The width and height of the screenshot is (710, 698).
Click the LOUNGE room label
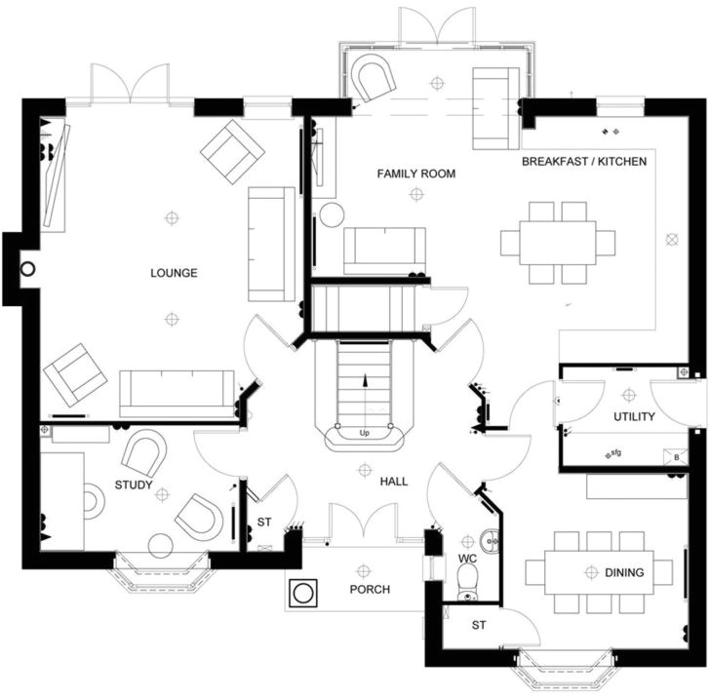tap(174, 273)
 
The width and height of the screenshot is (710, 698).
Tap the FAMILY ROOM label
tap(416, 174)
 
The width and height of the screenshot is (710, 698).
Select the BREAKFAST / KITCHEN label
tap(584, 162)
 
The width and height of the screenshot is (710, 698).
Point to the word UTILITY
tap(634, 416)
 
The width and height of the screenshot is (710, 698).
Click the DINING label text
tap(624, 572)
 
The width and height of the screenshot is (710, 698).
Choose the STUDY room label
tap(134, 485)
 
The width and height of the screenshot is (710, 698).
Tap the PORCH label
tap(370, 590)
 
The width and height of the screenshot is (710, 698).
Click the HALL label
tap(394, 482)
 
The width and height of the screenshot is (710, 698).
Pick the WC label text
tap(467, 559)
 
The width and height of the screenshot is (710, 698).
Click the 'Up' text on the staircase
tap(365, 433)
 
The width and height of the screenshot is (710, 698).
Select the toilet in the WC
tap(466, 583)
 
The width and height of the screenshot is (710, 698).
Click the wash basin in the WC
tap(491, 540)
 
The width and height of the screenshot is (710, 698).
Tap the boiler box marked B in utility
tap(676, 457)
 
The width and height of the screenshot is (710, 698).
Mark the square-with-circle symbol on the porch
tap(303, 593)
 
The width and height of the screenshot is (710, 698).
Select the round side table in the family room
tap(332, 214)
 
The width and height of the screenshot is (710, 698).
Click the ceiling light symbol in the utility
tap(629, 395)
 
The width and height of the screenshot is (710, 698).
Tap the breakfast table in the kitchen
tap(558, 243)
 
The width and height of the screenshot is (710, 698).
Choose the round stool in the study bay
tap(161, 546)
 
